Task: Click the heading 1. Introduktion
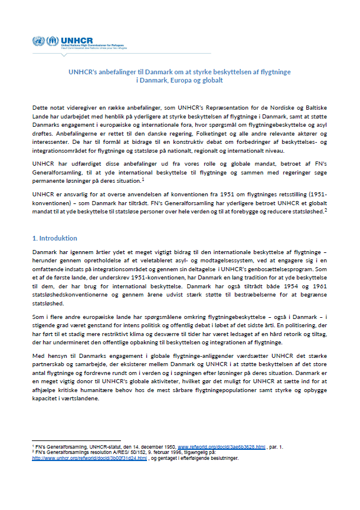(x=54, y=238)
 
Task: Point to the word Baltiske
(x=314, y=110)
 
